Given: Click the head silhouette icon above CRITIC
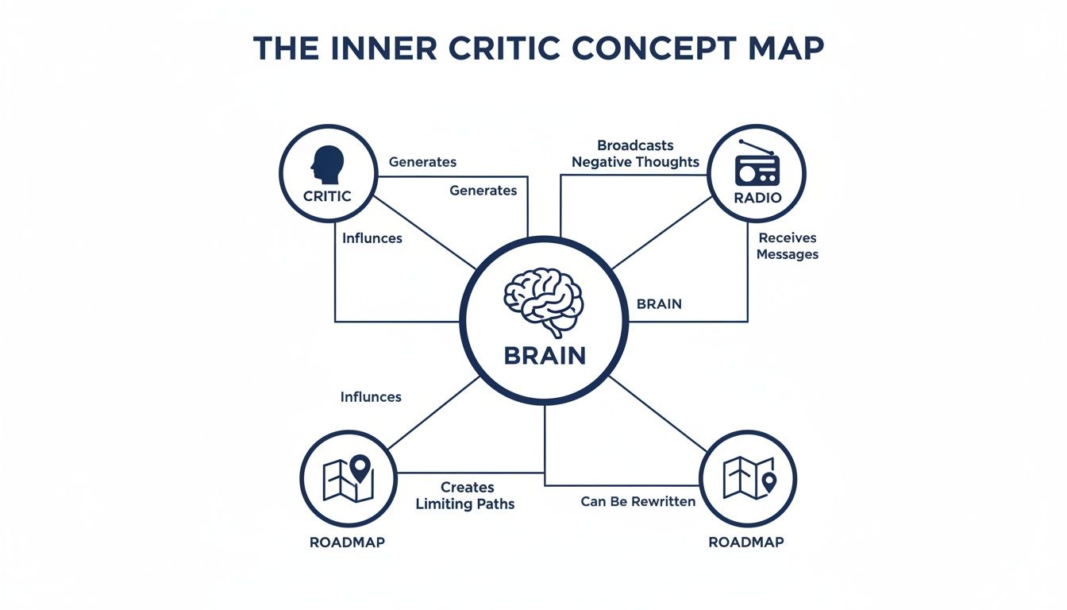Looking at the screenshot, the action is tap(328, 165).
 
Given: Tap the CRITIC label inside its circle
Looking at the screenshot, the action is tap(327, 196).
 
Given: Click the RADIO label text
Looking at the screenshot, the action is tap(757, 198).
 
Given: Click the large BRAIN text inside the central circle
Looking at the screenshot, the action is tap(545, 356).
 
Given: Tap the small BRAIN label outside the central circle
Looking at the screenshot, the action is tap(659, 304).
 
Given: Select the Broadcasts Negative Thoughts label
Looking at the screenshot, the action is tap(635, 153).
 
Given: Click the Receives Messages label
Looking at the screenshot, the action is tap(788, 246).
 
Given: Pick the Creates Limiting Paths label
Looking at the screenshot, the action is tap(465, 496).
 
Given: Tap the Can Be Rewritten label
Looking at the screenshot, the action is tap(638, 501).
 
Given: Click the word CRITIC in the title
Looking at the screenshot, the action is tap(505, 48).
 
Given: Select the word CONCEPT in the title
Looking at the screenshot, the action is tap(652, 48).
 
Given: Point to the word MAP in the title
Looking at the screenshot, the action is tap(787, 48).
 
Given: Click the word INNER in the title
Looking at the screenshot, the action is tap(383, 48).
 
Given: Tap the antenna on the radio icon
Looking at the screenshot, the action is tap(756, 147).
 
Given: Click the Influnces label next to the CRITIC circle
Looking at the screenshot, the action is tap(372, 238).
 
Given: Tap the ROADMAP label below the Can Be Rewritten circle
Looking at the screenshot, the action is tap(746, 542).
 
